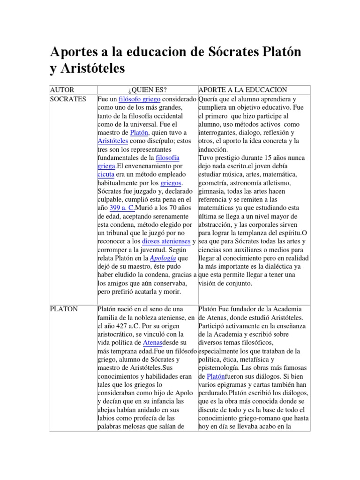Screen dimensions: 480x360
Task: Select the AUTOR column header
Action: pos(62,90)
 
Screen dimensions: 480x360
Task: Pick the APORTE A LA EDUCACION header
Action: pos(243,90)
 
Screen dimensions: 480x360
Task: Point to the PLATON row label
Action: pos(64,309)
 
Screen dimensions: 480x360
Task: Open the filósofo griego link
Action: pos(140,100)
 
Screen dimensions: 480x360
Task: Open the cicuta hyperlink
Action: pos(105,173)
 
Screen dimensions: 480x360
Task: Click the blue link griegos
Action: pos(170,182)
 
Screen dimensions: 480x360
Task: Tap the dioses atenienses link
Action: pos(166,241)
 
